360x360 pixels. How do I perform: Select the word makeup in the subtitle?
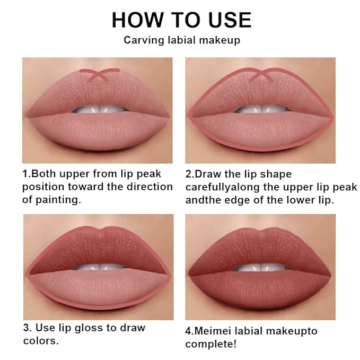(x=218, y=40)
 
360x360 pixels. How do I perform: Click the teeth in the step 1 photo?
(x=98, y=110)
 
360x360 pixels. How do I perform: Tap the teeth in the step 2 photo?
(x=260, y=110)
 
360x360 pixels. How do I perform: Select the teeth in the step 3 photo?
(x=98, y=267)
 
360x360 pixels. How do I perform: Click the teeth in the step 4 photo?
(x=260, y=267)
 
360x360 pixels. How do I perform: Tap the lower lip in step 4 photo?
(x=260, y=289)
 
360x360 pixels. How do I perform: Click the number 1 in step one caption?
(x=24, y=174)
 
